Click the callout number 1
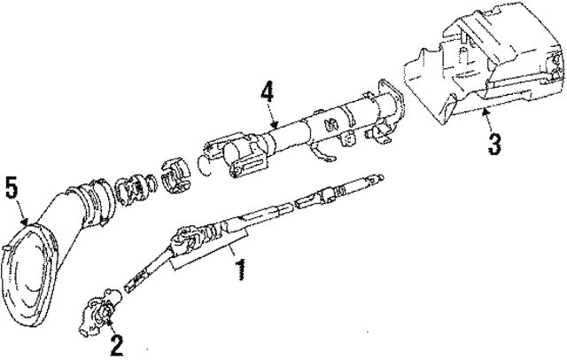(x=240, y=270)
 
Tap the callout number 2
(x=116, y=345)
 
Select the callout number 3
(x=493, y=144)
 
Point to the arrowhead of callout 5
(x=25, y=221)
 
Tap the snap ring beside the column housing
(x=206, y=165)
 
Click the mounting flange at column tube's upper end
(x=392, y=101)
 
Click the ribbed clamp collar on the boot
(x=95, y=200)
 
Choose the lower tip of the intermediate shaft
(x=128, y=288)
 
